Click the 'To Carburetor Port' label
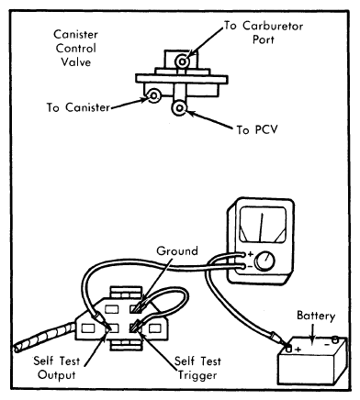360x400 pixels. click(x=264, y=32)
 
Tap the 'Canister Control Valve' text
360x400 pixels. click(x=75, y=48)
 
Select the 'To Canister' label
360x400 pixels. click(x=78, y=107)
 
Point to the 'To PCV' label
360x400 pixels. click(x=257, y=129)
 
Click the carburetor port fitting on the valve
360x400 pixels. click(x=182, y=61)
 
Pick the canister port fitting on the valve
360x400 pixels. click(x=153, y=95)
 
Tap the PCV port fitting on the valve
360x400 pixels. click(x=179, y=108)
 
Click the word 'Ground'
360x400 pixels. click(x=177, y=251)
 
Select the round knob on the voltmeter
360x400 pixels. click(x=265, y=261)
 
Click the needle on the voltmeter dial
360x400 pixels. click(x=261, y=227)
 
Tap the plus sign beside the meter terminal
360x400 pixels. click(x=250, y=253)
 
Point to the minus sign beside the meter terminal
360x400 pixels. click(x=250, y=267)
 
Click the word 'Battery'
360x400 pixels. click(x=316, y=316)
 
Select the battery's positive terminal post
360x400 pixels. click(x=288, y=348)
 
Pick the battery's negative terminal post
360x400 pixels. click(x=335, y=339)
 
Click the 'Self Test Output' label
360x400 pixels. click(x=57, y=368)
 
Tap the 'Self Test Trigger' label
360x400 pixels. click(x=197, y=368)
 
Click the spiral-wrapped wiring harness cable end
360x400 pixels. click(x=43, y=338)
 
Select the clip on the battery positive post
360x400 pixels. click(x=278, y=339)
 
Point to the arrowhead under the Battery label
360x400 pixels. click(x=312, y=341)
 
